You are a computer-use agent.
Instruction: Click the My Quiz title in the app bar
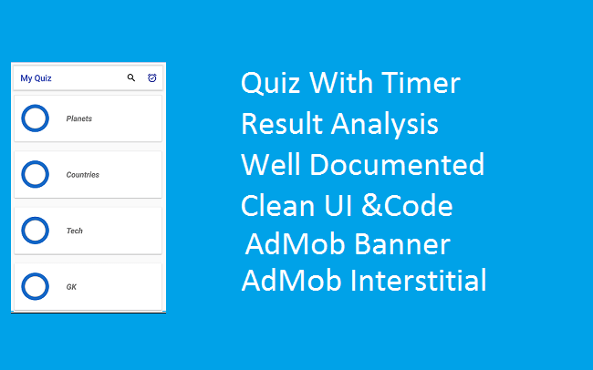(36, 78)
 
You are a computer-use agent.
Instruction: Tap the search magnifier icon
(131, 78)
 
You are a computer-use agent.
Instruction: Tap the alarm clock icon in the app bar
(152, 78)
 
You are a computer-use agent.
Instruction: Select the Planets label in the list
(79, 118)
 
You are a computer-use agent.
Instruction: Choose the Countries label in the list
(83, 174)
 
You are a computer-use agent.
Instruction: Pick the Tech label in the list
(75, 231)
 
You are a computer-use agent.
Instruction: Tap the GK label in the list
(71, 286)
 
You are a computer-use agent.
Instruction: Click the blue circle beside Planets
(35, 118)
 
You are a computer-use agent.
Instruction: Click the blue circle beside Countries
(35, 174)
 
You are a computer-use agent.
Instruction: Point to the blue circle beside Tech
(35, 231)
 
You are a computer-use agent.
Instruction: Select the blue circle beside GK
(35, 286)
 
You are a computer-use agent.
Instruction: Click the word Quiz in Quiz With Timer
(271, 85)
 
